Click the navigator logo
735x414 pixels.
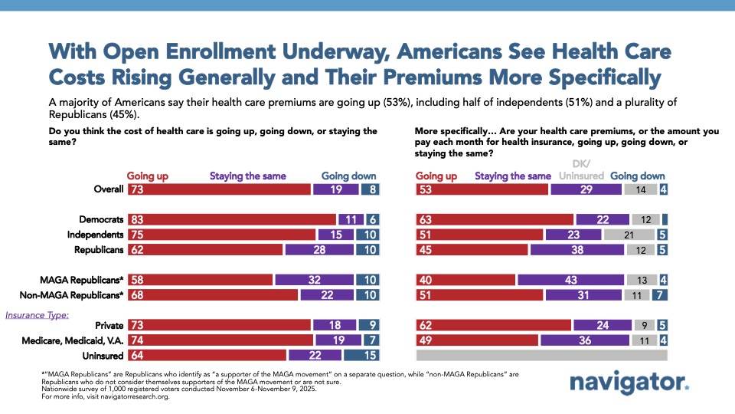pos(629,383)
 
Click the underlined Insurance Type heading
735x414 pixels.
pos(37,314)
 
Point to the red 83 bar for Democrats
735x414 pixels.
pos(232,219)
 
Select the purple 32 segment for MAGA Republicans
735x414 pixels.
pos(314,280)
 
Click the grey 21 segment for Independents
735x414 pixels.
pos(629,235)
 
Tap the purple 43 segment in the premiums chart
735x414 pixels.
pos(570,280)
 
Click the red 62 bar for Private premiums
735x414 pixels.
pos(493,325)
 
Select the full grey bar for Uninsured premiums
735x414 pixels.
pos(541,356)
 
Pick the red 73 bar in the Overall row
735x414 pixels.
pos(219,189)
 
